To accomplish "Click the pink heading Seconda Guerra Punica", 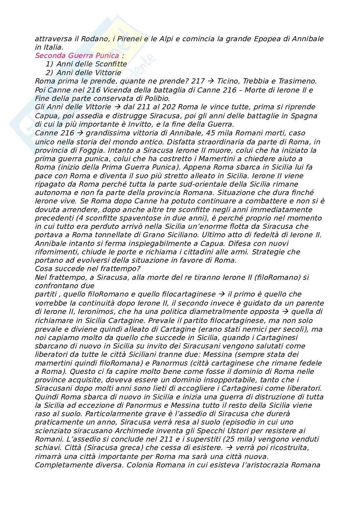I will tap(77, 56).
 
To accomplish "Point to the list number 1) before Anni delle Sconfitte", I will tap(49, 64).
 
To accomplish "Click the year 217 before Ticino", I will tap(198, 81).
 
